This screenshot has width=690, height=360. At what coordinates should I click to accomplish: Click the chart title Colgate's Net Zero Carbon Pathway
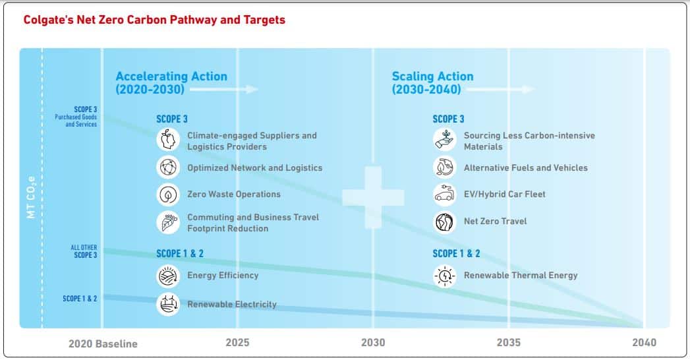point(154,20)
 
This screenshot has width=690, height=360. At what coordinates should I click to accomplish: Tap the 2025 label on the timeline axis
point(238,342)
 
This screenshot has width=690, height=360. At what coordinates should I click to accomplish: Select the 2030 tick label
point(373,342)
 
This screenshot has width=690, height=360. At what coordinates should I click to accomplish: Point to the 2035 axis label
point(509,342)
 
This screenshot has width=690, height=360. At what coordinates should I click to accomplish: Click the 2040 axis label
point(645,342)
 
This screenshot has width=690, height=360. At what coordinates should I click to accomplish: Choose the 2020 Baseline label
point(103,344)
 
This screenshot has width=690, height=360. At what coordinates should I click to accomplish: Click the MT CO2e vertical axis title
point(31,197)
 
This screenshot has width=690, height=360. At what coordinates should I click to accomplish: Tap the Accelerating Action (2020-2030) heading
point(171,82)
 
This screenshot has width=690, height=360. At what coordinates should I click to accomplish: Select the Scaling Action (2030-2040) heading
point(432,82)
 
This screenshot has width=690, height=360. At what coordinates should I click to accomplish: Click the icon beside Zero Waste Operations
point(168,195)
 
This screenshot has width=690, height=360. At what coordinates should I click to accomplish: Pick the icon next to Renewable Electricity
point(168,304)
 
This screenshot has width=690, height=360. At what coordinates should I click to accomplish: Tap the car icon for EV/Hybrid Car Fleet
point(444,195)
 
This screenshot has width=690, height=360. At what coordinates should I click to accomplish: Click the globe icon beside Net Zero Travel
point(444,222)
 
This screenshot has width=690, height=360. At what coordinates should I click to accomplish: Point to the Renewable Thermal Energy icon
point(444,276)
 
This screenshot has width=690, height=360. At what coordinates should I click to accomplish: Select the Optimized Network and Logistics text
point(255,167)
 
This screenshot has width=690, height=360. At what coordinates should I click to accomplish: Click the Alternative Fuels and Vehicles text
point(526,167)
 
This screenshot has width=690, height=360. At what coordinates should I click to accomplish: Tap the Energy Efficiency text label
point(223,276)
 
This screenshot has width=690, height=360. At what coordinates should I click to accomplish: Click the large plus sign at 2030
point(373,197)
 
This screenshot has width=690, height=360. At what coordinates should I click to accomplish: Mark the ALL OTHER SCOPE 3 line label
point(84,251)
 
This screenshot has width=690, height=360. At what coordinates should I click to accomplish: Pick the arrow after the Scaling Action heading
point(500,89)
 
